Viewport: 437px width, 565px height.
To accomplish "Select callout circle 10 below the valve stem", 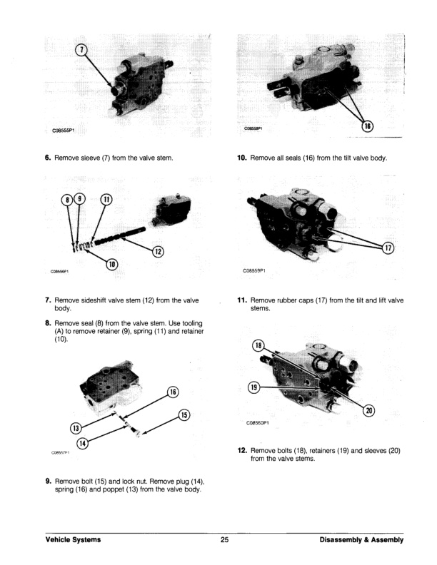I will tap(112, 265).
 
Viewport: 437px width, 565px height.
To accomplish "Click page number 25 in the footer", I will tap(224, 540).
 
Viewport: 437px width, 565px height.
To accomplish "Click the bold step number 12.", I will tap(241, 450).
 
